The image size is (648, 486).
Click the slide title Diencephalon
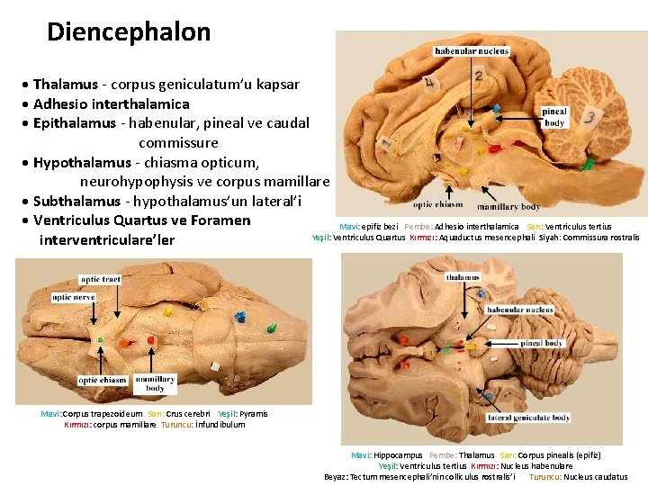click(129, 32)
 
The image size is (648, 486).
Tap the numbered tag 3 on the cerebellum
click(589, 117)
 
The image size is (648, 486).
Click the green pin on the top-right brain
click(587, 165)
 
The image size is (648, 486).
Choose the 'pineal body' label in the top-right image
click(555, 116)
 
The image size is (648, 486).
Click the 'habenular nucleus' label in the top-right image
click(472, 51)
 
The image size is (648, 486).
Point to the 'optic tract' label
click(101, 280)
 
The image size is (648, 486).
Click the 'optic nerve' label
click(73, 296)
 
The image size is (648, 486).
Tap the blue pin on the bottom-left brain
click(239, 317)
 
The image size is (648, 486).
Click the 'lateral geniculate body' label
click(530, 417)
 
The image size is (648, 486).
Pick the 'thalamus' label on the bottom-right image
click(463, 277)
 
